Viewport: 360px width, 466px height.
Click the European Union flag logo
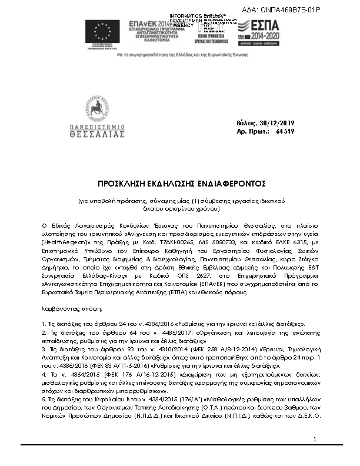(x=103, y=31)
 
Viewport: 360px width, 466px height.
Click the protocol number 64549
(x=285, y=131)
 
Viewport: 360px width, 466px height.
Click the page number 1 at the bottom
(x=315, y=456)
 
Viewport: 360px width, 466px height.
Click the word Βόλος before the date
(x=245, y=123)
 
